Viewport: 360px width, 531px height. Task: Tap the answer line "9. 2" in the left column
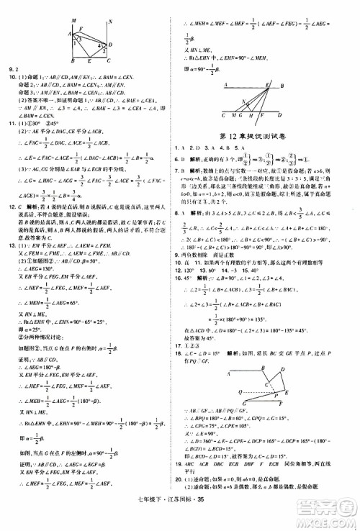tap(13, 71)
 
